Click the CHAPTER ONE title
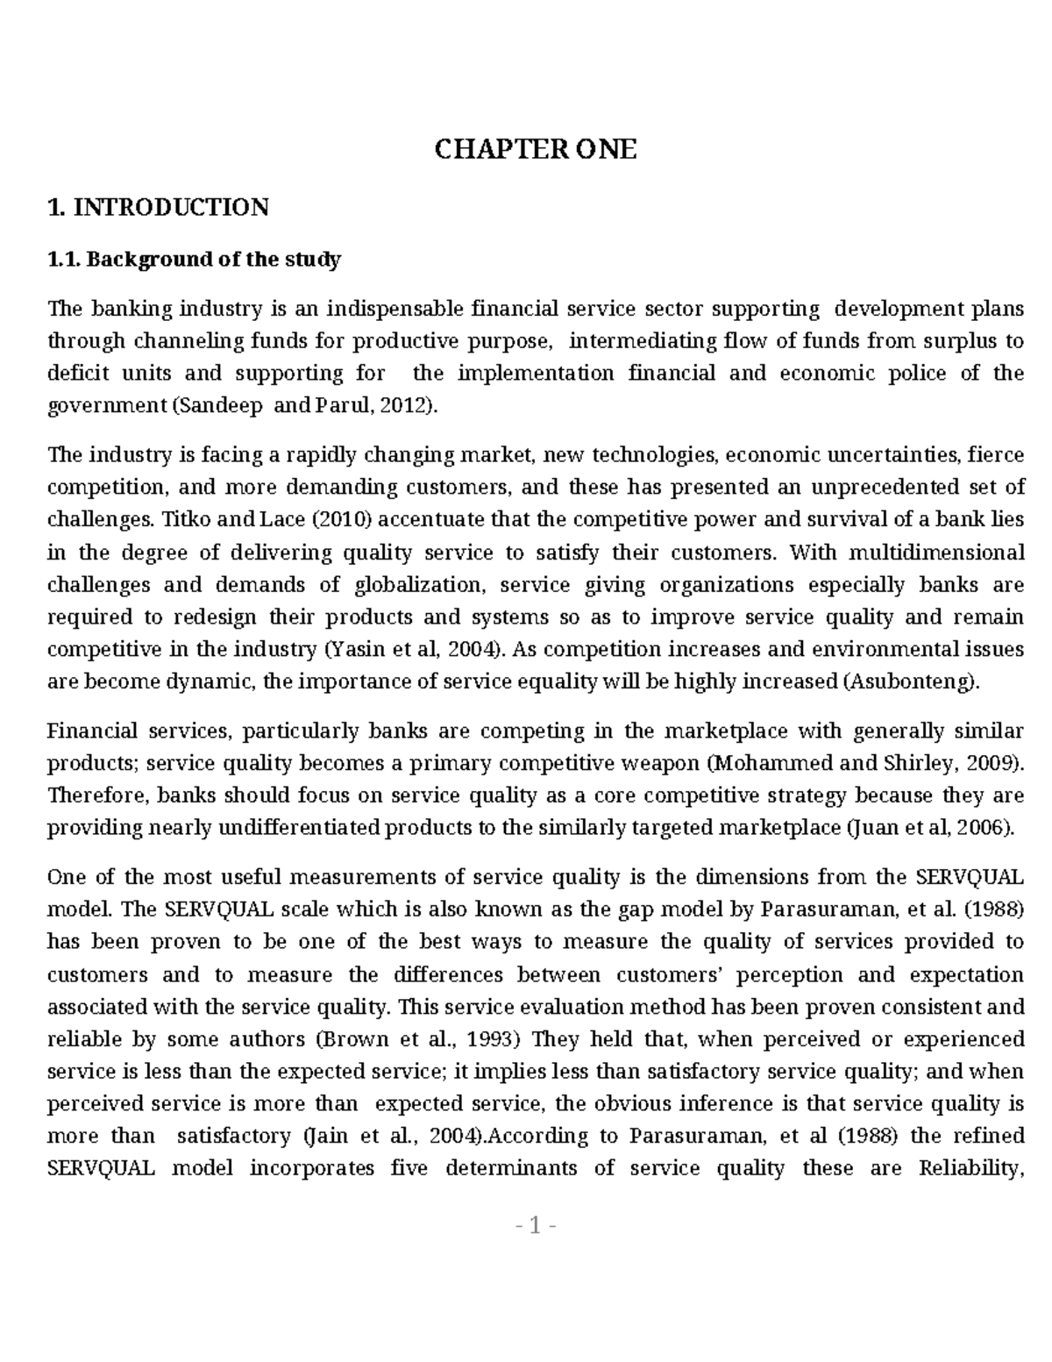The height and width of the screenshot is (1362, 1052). pos(536,150)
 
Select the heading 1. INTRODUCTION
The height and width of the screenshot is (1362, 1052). pos(159,208)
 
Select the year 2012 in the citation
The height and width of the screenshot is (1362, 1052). pos(409,406)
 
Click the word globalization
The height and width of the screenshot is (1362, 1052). pos(419,585)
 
